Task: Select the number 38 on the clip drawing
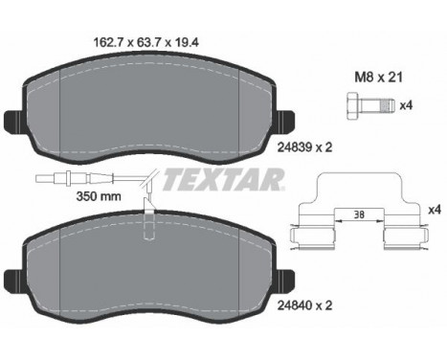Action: pos(357,215)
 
